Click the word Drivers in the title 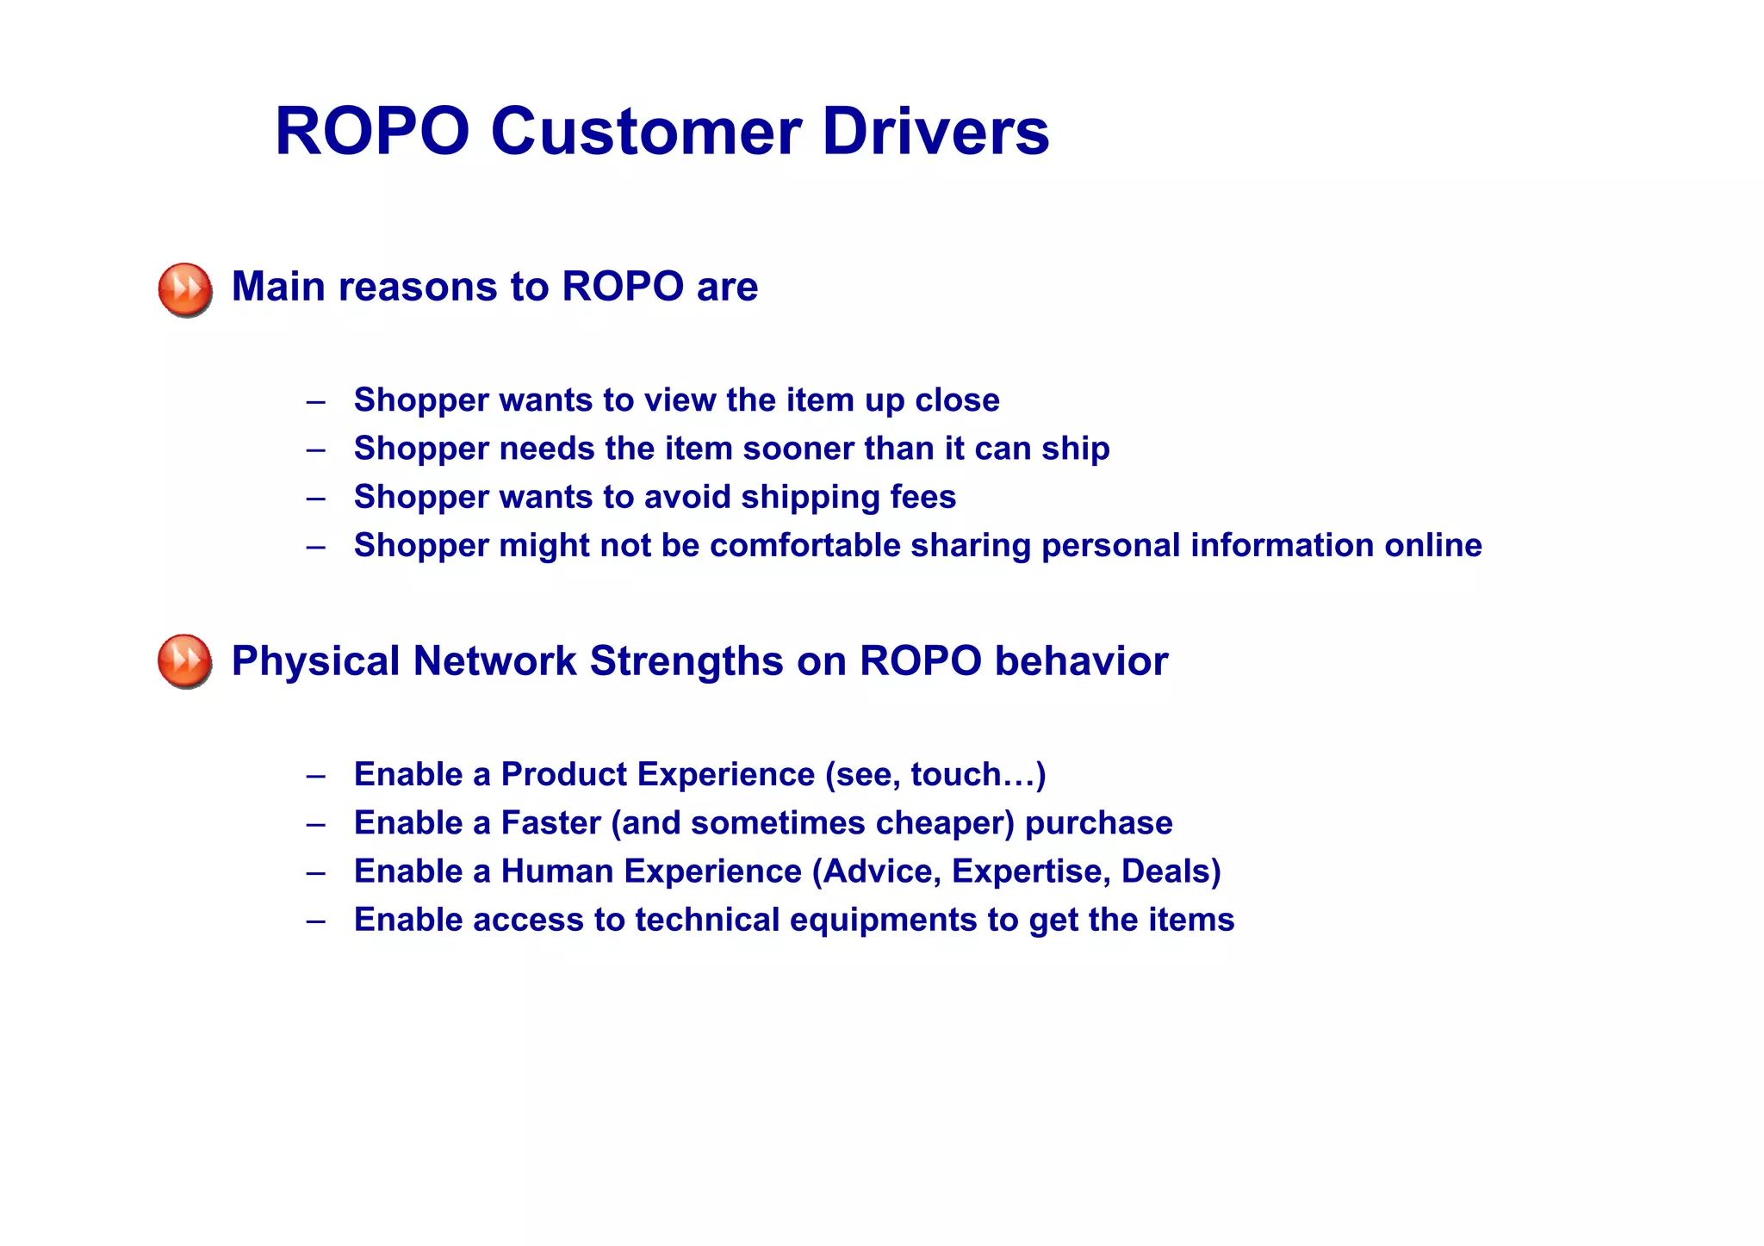tap(935, 132)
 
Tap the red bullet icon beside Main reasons tap(185, 289)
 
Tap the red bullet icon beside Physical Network tap(185, 661)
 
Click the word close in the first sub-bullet tap(957, 400)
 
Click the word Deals tap(1166, 871)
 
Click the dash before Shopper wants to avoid tap(315, 498)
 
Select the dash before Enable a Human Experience tap(315, 872)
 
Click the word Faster tap(550, 823)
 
